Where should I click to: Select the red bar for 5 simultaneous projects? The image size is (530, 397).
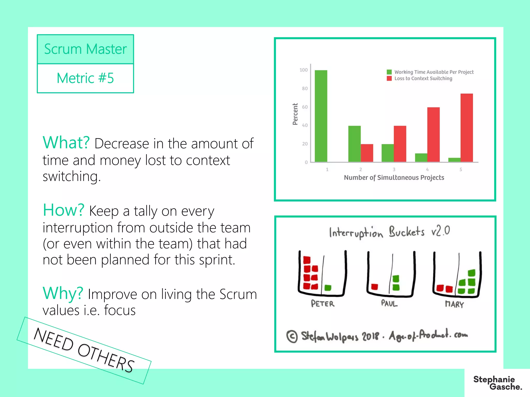(x=467, y=128)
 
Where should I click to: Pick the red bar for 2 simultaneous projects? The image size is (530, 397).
(x=367, y=153)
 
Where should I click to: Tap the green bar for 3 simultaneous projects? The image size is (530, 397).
(x=387, y=153)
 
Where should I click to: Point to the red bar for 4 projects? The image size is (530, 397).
(x=433, y=134)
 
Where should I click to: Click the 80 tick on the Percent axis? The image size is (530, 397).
(x=305, y=88)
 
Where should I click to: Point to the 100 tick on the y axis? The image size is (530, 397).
(x=304, y=70)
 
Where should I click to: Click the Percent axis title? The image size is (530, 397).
(x=295, y=114)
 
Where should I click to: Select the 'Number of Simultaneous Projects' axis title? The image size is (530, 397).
(x=394, y=177)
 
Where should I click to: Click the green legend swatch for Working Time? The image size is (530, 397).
(x=389, y=72)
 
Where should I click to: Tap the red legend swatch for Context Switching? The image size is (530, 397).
(x=389, y=78)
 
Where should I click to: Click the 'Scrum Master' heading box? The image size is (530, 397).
(x=85, y=49)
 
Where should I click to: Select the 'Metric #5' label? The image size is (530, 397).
(x=85, y=78)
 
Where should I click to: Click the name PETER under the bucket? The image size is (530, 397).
(x=323, y=304)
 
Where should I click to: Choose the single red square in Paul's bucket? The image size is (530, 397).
(x=374, y=287)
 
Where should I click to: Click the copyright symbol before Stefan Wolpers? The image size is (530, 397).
(x=292, y=336)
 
